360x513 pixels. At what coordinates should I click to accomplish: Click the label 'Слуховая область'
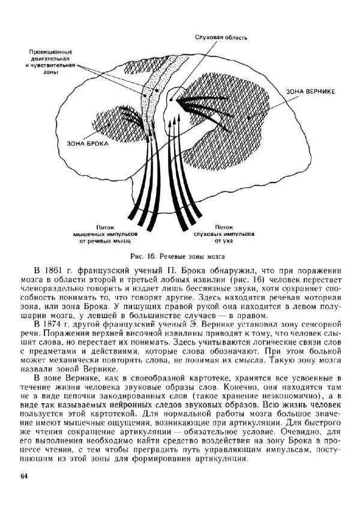[x=221, y=37]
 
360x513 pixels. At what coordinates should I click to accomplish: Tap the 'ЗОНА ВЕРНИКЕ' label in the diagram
[x=310, y=91]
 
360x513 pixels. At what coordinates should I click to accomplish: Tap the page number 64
[x=24, y=476]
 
